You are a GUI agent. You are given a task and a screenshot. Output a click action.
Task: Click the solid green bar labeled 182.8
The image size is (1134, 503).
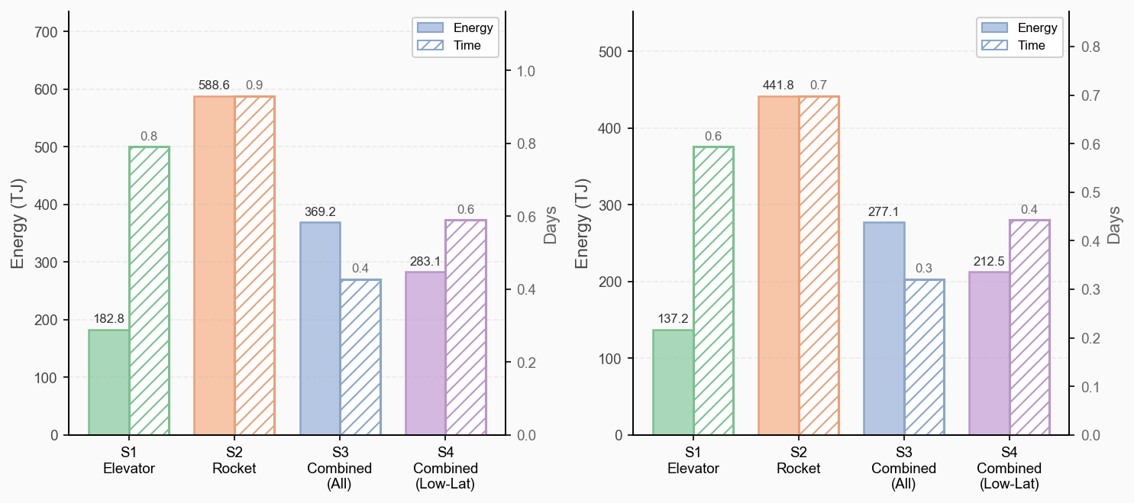pos(109,382)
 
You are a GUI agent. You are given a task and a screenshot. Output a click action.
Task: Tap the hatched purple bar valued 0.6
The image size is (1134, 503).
pos(465,327)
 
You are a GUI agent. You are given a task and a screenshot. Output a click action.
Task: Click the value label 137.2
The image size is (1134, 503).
pos(673,319)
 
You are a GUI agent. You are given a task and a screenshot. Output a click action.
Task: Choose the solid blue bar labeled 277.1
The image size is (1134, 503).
pos(884,328)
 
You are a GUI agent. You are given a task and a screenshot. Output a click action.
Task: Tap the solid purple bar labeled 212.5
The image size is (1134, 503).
pos(990,353)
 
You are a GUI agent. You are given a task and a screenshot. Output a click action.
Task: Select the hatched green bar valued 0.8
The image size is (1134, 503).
pos(149,291)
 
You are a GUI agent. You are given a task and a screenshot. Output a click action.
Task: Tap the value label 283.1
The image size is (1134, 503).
pos(425,262)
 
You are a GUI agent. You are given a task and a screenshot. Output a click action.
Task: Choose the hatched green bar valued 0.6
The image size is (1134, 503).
pos(713,291)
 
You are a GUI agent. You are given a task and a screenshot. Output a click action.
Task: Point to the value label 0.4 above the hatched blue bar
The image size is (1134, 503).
pos(360,269)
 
